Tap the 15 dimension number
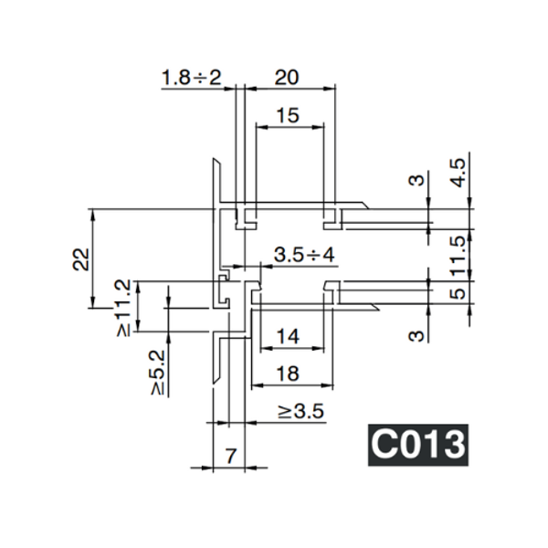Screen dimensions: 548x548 click(287, 116)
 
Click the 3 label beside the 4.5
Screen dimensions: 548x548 click(417, 182)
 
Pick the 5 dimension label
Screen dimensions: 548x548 click(458, 294)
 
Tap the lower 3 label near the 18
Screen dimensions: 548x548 click(417, 335)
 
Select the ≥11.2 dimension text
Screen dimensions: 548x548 click(124, 309)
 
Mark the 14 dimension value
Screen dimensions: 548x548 click(287, 337)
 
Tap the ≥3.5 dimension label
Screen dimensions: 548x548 click(300, 412)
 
